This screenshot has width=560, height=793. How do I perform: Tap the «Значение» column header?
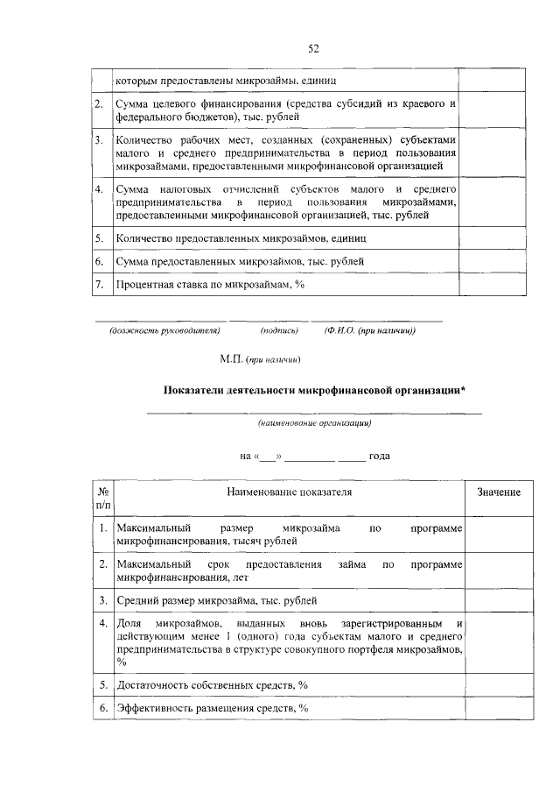499,492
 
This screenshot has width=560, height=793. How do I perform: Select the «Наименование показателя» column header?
289,492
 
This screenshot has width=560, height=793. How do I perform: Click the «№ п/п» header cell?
103,498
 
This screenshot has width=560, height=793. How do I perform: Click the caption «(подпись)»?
279,331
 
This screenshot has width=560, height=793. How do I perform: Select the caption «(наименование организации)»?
314,423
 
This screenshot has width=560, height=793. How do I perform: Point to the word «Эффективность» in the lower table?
158,708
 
